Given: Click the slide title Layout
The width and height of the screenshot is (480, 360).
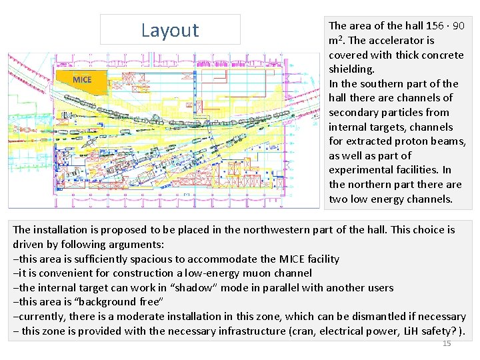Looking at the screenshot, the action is pos(170,30).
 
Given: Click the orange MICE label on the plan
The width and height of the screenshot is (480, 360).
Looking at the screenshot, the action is pos(82,80).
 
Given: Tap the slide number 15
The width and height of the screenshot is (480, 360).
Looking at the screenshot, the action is pos(447,343).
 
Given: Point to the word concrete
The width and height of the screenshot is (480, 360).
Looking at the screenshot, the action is pos(441,55).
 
